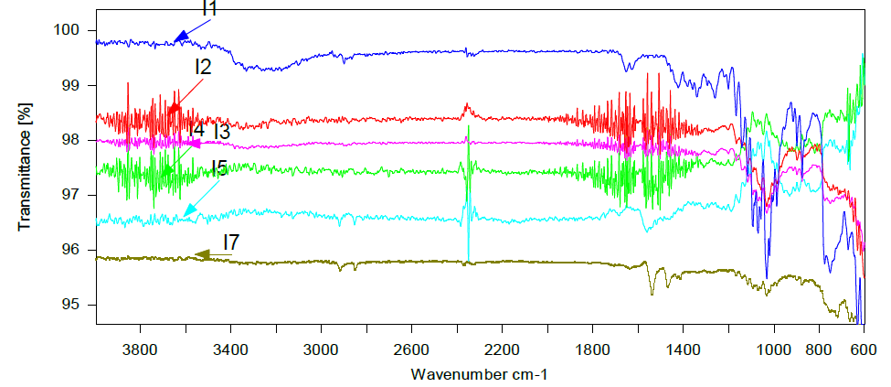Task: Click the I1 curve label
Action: pos(209,9)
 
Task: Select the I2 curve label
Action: pos(203,67)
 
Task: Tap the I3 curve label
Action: pos(221,132)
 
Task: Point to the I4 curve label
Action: pos(196,131)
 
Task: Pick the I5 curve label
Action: pos(219,167)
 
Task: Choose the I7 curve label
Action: pos(231,242)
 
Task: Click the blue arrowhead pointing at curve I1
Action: pos(181,38)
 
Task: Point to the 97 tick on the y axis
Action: pos(73,195)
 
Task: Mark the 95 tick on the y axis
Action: pos(73,305)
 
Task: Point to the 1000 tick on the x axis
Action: pos(773,349)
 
